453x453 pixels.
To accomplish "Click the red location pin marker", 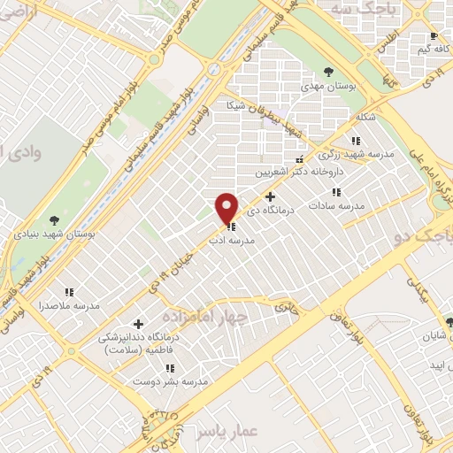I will [x=227, y=208].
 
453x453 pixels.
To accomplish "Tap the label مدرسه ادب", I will [x=231, y=240].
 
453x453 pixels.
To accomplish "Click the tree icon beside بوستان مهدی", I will [x=328, y=72].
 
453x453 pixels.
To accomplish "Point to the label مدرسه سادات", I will [x=337, y=205].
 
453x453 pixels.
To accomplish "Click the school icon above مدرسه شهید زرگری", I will [x=355, y=141].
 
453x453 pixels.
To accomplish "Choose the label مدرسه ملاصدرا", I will [x=69, y=305].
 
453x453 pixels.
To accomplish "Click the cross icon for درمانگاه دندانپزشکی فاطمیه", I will [x=138, y=325].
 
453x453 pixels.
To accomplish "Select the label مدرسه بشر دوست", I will [x=170, y=381].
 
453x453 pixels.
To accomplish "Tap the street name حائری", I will [x=284, y=309].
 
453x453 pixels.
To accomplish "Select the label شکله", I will [x=365, y=117].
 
